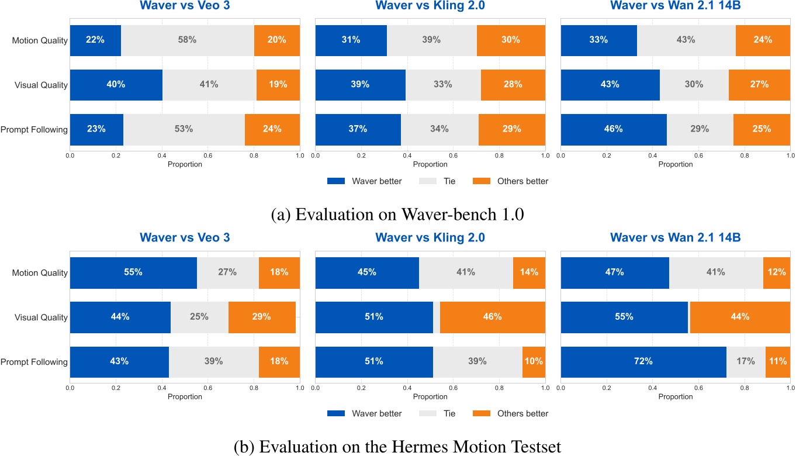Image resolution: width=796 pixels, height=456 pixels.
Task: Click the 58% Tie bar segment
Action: click(x=187, y=40)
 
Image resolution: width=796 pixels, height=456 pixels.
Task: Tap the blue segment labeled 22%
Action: click(x=95, y=40)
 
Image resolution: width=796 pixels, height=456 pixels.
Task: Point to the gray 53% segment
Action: click(x=184, y=129)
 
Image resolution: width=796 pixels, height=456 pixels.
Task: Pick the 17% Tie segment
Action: click(x=746, y=362)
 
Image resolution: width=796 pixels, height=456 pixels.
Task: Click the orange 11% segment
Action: click(x=777, y=362)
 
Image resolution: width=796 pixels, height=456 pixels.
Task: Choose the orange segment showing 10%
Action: click(x=534, y=362)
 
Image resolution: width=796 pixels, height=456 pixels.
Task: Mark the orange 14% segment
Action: click(x=529, y=273)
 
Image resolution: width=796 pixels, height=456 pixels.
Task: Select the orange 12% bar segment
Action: click(x=776, y=273)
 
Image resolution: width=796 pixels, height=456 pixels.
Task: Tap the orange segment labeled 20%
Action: click(x=277, y=40)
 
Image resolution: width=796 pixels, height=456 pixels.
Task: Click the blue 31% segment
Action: click(x=351, y=40)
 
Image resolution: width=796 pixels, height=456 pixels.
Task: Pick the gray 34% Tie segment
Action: click(x=439, y=129)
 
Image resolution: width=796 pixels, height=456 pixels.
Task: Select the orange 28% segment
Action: click(x=513, y=85)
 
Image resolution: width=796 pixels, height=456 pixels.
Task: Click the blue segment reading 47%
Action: click(x=615, y=273)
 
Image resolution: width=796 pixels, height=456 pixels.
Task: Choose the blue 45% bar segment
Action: click(x=367, y=273)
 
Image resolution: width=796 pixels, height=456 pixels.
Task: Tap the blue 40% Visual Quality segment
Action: click(x=116, y=85)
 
